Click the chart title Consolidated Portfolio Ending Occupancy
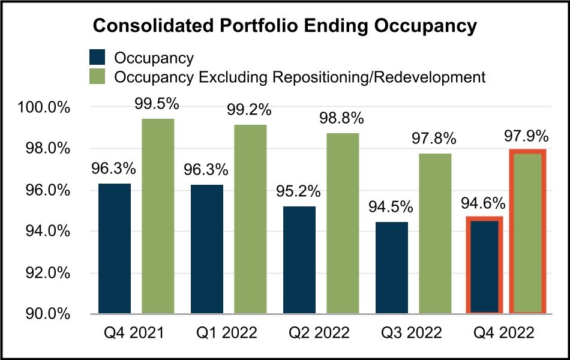tap(284, 27)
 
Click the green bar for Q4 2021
tap(158, 216)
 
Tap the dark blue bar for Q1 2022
tap(206, 248)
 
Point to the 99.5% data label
tap(158, 104)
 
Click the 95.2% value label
tap(299, 193)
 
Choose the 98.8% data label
tap(343, 119)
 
